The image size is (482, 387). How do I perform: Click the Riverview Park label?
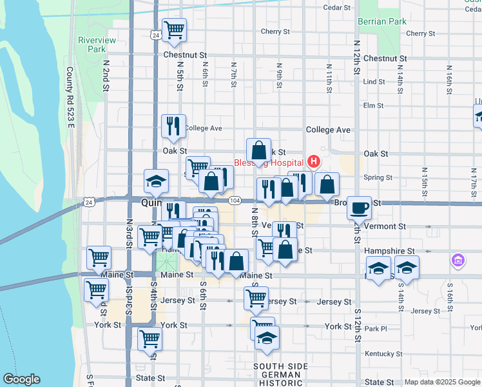click(x=92, y=44)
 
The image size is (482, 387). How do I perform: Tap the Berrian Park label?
click(x=383, y=21)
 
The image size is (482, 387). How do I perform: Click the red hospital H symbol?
click(x=314, y=161)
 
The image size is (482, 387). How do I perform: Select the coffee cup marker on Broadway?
click(x=360, y=208)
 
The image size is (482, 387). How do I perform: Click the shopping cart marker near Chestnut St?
click(x=174, y=30)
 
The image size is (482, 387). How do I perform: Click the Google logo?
click(x=21, y=379)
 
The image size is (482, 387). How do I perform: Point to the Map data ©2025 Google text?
click(x=441, y=382)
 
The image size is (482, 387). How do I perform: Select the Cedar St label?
click(x=336, y=8)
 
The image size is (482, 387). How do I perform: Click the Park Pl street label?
click(x=374, y=328)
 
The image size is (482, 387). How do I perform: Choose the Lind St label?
click(x=374, y=82)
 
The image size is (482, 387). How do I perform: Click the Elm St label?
click(x=374, y=105)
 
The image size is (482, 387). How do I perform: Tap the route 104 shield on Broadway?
click(x=236, y=201)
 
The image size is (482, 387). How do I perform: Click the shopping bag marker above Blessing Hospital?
click(x=258, y=150)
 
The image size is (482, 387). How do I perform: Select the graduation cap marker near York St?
click(x=266, y=338)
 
